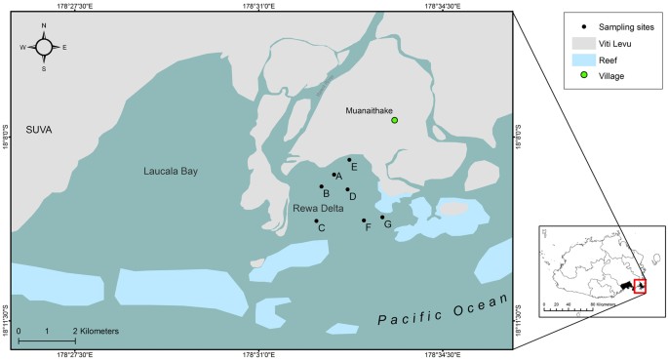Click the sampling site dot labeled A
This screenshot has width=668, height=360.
point(334,175)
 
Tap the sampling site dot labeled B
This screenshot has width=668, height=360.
point(322,186)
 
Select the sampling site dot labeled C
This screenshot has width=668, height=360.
point(316,220)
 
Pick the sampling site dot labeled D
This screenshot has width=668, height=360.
point(347,189)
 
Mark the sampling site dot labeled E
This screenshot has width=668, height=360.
point(349,160)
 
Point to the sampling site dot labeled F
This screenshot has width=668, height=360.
point(364,220)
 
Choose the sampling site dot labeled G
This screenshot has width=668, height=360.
point(382,217)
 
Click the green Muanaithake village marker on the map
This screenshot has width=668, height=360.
point(395,120)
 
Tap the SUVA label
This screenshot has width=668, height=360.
point(40,130)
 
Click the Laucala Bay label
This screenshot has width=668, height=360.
point(167,172)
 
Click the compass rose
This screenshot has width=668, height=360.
point(44,46)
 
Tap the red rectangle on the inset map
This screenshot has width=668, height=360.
point(640,286)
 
